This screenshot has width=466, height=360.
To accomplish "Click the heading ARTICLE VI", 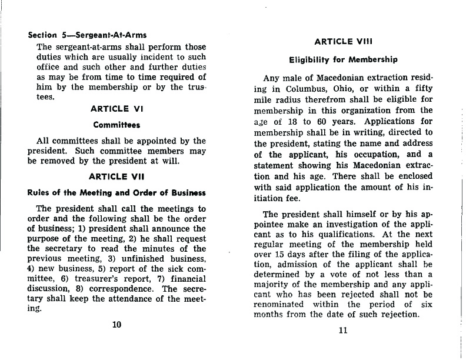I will pos(118,109).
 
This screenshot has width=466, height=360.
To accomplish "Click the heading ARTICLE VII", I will pos(118,176).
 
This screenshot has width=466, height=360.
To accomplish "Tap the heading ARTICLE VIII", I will pos(344,42).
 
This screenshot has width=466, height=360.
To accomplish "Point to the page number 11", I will pos(344,329).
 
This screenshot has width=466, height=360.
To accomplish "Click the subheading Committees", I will pos(118,125).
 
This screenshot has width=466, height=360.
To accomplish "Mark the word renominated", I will pos(279,304).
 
